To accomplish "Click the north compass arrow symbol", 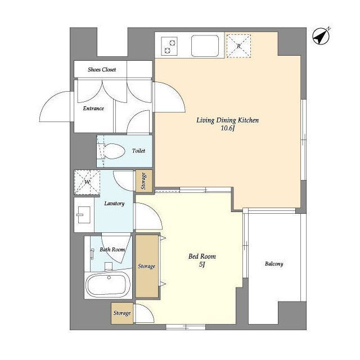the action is point(321,36).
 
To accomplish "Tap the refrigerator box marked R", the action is point(238,46).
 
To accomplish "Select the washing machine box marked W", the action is point(87,182).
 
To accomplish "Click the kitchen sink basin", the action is point(205,46).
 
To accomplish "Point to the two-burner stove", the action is point(169,46).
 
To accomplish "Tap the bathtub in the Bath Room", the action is point(108,285).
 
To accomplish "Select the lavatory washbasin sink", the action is point(84,215).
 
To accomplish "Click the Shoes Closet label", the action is point(102,69).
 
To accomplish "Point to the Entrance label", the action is point(93,109).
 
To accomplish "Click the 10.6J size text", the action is point(227,128).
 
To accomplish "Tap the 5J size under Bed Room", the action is point(202,264).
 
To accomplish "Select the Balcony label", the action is point(274,264).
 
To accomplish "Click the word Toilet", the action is point(138,151).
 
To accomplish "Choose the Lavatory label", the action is point(114,204).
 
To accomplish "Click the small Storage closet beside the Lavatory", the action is point(144,181).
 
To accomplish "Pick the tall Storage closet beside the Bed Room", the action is point(147,266).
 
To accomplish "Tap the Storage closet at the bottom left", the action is point(122,313).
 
